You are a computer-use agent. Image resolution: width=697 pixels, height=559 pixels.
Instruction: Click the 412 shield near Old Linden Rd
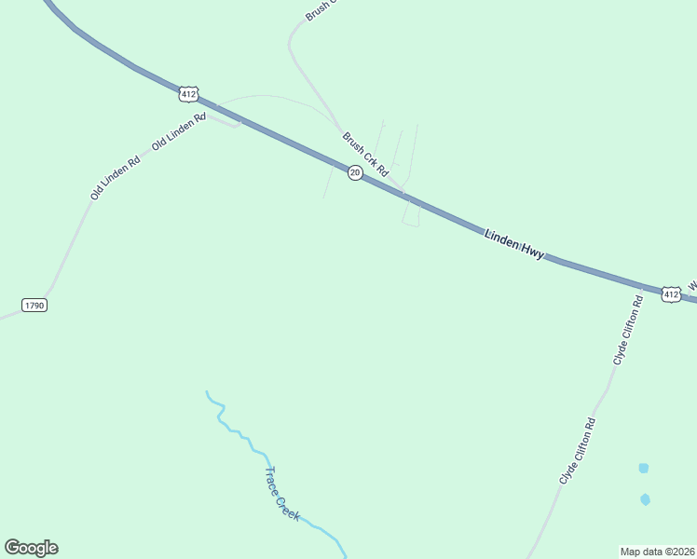pyautogui.click(x=189, y=94)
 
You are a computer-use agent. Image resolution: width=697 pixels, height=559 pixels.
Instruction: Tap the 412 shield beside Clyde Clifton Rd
pyautogui.click(x=671, y=293)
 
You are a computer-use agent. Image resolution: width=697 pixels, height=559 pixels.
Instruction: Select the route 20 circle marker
pyautogui.click(x=355, y=173)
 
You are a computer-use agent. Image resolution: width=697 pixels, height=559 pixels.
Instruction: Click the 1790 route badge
pyautogui.click(x=34, y=305)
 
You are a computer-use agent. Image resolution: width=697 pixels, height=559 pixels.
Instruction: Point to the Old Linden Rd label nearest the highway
pyautogui.click(x=178, y=131)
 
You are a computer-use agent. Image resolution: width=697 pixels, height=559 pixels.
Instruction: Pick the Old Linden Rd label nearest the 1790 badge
pyautogui.click(x=115, y=177)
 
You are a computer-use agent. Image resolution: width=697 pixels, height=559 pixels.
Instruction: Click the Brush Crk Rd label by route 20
pyautogui.click(x=364, y=155)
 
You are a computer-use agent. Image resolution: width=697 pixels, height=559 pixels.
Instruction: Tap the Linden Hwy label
pyautogui.click(x=514, y=245)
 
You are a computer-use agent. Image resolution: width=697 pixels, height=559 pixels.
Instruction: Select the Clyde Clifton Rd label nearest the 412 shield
pyautogui.click(x=627, y=330)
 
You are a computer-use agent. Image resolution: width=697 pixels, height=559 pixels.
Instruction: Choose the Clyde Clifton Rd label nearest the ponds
pyautogui.click(x=577, y=450)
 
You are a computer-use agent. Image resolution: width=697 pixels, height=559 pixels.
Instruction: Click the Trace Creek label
pyautogui.click(x=282, y=494)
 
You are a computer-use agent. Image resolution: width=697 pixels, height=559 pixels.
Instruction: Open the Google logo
pyautogui.click(x=31, y=548)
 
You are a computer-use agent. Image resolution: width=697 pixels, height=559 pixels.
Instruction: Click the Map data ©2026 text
pyautogui.click(x=657, y=551)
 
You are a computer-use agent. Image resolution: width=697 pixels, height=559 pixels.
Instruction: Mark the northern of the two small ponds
pyautogui.click(x=643, y=468)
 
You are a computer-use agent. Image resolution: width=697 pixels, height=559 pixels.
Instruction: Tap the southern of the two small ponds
pyautogui.click(x=645, y=499)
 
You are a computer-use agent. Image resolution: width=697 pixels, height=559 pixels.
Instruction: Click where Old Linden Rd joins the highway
pyautogui.click(x=241, y=120)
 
